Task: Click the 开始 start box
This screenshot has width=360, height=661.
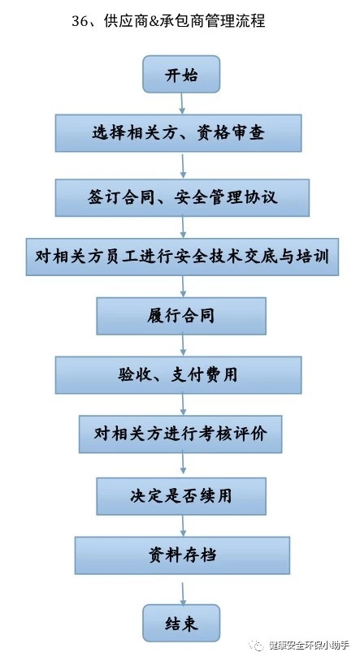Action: click(x=181, y=74)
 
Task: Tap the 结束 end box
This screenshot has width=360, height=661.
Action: click(x=181, y=623)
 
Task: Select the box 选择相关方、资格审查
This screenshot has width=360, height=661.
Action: click(x=179, y=133)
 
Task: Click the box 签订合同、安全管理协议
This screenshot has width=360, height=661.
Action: click(x=182, y=197)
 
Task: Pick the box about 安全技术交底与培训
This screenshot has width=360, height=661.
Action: click(x=182, y=257)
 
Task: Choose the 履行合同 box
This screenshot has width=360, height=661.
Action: click(x=181, y=316)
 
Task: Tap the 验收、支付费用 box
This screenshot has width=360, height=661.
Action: click(x=179, y=375)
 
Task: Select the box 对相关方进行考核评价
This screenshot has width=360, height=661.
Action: click(x=180, y=434)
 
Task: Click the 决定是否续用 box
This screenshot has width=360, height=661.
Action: click(x=181, y=496)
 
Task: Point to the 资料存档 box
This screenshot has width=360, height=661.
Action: click(x=182, y=555)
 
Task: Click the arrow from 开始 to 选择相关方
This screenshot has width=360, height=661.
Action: click(x=182, y=104)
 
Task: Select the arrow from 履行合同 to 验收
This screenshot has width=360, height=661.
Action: click(x=183, y=344)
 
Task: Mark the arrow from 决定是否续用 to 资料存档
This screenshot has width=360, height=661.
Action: click(x=183, y=525)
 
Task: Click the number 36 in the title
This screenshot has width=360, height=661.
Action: click(x=80, y=21)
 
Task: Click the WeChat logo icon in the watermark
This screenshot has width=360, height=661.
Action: click(x=257, y=645)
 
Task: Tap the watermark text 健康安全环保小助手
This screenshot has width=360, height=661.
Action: click(x=309, y=645)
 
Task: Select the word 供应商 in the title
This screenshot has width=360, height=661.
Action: click(x=125, y=20)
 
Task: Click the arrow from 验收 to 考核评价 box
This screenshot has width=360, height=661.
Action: click(x=183, y=404)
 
